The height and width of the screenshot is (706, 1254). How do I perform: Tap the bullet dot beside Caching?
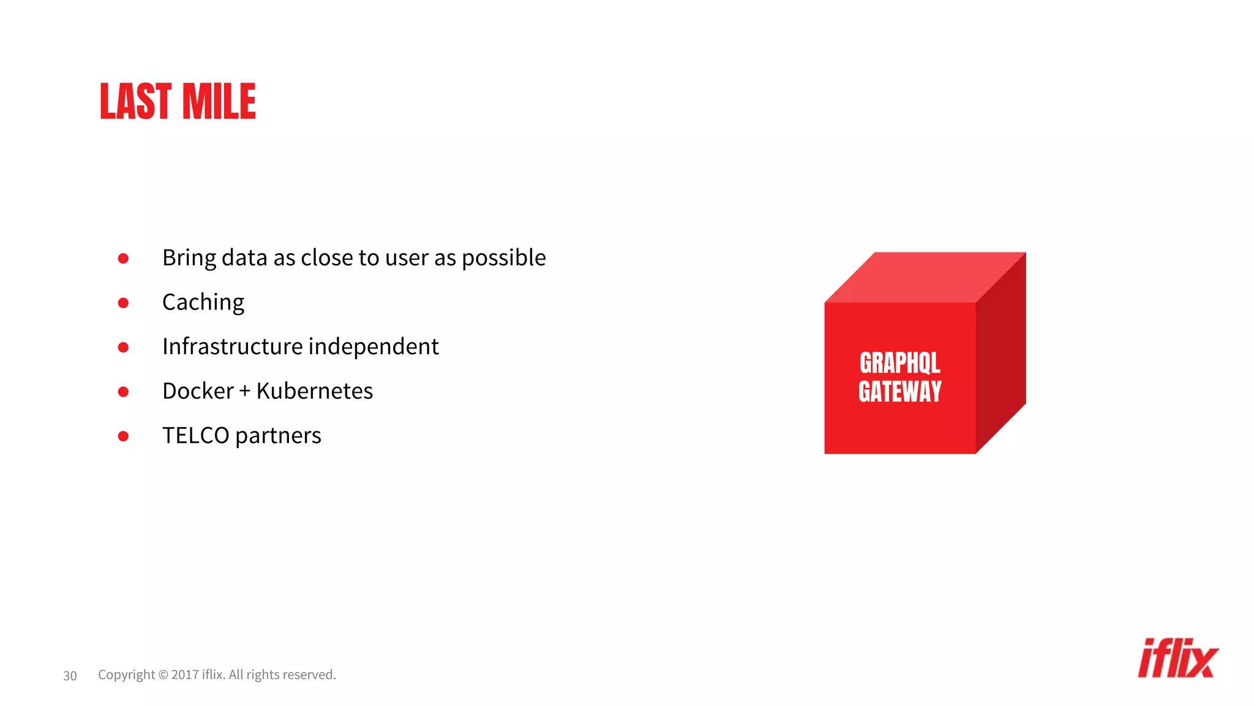coord(123,303)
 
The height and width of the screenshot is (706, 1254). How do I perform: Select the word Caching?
coord(203,303)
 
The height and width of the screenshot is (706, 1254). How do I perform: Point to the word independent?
coord(374,347)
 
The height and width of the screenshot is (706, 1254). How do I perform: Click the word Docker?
coord(198,391)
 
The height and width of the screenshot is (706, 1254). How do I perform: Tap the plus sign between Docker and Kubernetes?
coord(245,392)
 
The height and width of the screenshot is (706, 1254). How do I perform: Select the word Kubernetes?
coord(314,391)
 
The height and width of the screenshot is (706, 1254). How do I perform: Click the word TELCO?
coord(195,436)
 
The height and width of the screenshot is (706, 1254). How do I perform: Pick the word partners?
coord(278,436)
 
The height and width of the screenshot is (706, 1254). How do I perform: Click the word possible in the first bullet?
coord(503,258)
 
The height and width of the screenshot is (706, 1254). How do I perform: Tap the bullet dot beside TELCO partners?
coord(123,436)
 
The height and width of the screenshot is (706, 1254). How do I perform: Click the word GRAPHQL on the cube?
coord(899,363)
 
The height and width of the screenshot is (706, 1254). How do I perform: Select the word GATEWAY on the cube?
coord(899,392)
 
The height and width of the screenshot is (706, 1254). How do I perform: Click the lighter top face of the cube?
coord(925,277)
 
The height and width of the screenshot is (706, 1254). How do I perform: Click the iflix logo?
coord(1177,659)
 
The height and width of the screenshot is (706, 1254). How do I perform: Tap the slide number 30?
coord(70,676)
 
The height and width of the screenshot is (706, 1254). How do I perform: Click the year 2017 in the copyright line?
coord(184,675)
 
